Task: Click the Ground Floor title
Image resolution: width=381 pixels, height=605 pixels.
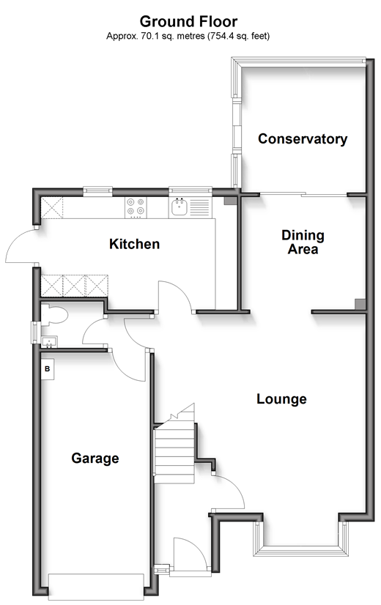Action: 188,21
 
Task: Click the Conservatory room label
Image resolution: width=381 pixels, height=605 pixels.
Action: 303,139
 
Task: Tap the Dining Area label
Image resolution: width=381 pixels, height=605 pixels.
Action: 303,242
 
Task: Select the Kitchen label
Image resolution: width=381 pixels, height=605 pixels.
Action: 134,244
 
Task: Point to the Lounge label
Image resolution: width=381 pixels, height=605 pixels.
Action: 281,399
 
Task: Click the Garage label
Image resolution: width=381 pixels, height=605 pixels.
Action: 95,459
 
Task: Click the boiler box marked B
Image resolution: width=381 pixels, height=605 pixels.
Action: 48,369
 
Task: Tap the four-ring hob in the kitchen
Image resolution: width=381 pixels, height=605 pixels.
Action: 136,207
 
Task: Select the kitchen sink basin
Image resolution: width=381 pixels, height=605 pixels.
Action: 179,207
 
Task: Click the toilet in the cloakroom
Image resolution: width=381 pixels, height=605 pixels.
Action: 55,314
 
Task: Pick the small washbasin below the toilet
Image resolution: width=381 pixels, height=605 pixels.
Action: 49,342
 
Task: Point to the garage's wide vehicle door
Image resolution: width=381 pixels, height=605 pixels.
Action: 96,585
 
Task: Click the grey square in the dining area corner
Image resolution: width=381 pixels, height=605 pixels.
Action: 360,304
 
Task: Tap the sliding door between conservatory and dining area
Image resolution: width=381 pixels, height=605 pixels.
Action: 303,195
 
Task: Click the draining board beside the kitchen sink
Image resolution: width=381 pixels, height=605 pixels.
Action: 200,207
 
